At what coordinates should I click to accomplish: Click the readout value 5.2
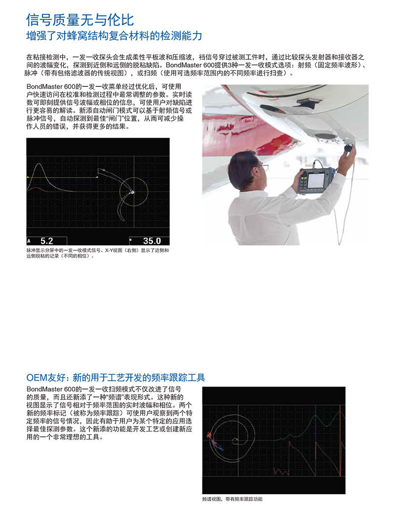coord(46,241)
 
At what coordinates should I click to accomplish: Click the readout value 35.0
coord(152,241)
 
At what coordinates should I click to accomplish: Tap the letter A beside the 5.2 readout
coord(29,241)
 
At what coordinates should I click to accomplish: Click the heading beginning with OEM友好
coord(116,378)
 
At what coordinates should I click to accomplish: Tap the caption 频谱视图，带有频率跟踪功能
coord(232,499)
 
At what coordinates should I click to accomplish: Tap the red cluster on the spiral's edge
coord(209,435)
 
